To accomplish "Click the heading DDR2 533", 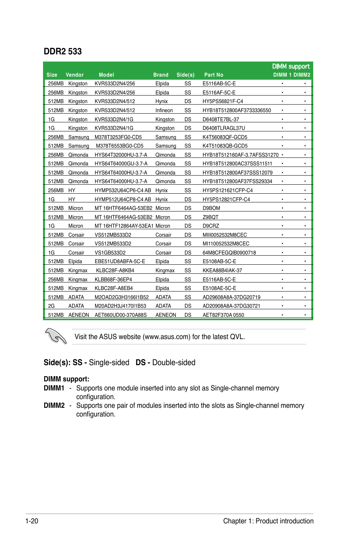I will [63, 51].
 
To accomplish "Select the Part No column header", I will [214, 75].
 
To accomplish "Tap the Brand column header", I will [161, 75].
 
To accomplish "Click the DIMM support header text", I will [291, 66].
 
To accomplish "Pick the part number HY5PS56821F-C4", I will [223, 101].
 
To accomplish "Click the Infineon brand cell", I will [164, 110].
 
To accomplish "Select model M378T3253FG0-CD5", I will [118, 137].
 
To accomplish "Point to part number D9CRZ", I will [211, 226].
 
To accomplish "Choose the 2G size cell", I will [51, 306].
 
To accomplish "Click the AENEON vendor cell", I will [78, 315].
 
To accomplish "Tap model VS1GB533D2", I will [110, 253].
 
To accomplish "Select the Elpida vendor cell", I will [75, 261].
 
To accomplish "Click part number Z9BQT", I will [211, 217].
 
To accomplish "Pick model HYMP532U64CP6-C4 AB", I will [123, 190].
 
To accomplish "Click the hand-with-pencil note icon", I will [55, 336].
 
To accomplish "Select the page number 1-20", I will [32, 521].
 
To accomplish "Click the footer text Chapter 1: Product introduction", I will [268, 521].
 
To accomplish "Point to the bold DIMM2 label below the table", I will [54, 406].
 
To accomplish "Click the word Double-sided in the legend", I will [174, 363].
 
